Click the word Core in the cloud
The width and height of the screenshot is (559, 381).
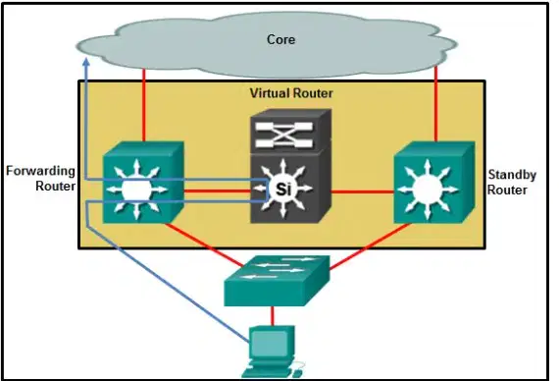tap(280, 39)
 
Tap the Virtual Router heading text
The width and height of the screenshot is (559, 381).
tap(291, 93)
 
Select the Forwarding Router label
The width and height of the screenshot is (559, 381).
tap(40, 178)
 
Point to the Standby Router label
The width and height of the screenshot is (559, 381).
tap(512, 182)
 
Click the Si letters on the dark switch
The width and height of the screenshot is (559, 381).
tap(283, 189)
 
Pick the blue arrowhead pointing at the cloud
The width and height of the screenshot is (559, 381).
tap(86, 63)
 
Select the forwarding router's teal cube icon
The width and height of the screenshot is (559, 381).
tap(143, 182)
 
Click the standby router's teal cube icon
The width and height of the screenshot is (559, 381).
tap(434, 182)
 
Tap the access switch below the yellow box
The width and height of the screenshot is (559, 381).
tap(277, 280)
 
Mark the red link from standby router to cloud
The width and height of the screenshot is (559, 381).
tap(435, 104)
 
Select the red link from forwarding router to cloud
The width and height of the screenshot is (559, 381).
tap(144, 105)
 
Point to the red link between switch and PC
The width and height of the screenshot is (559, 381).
tap(273, 315)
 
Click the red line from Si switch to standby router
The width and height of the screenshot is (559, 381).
tap(362, 192)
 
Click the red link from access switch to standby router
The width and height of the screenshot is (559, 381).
tap(370, 246)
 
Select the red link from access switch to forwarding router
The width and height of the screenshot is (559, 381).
tap(204, 245)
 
